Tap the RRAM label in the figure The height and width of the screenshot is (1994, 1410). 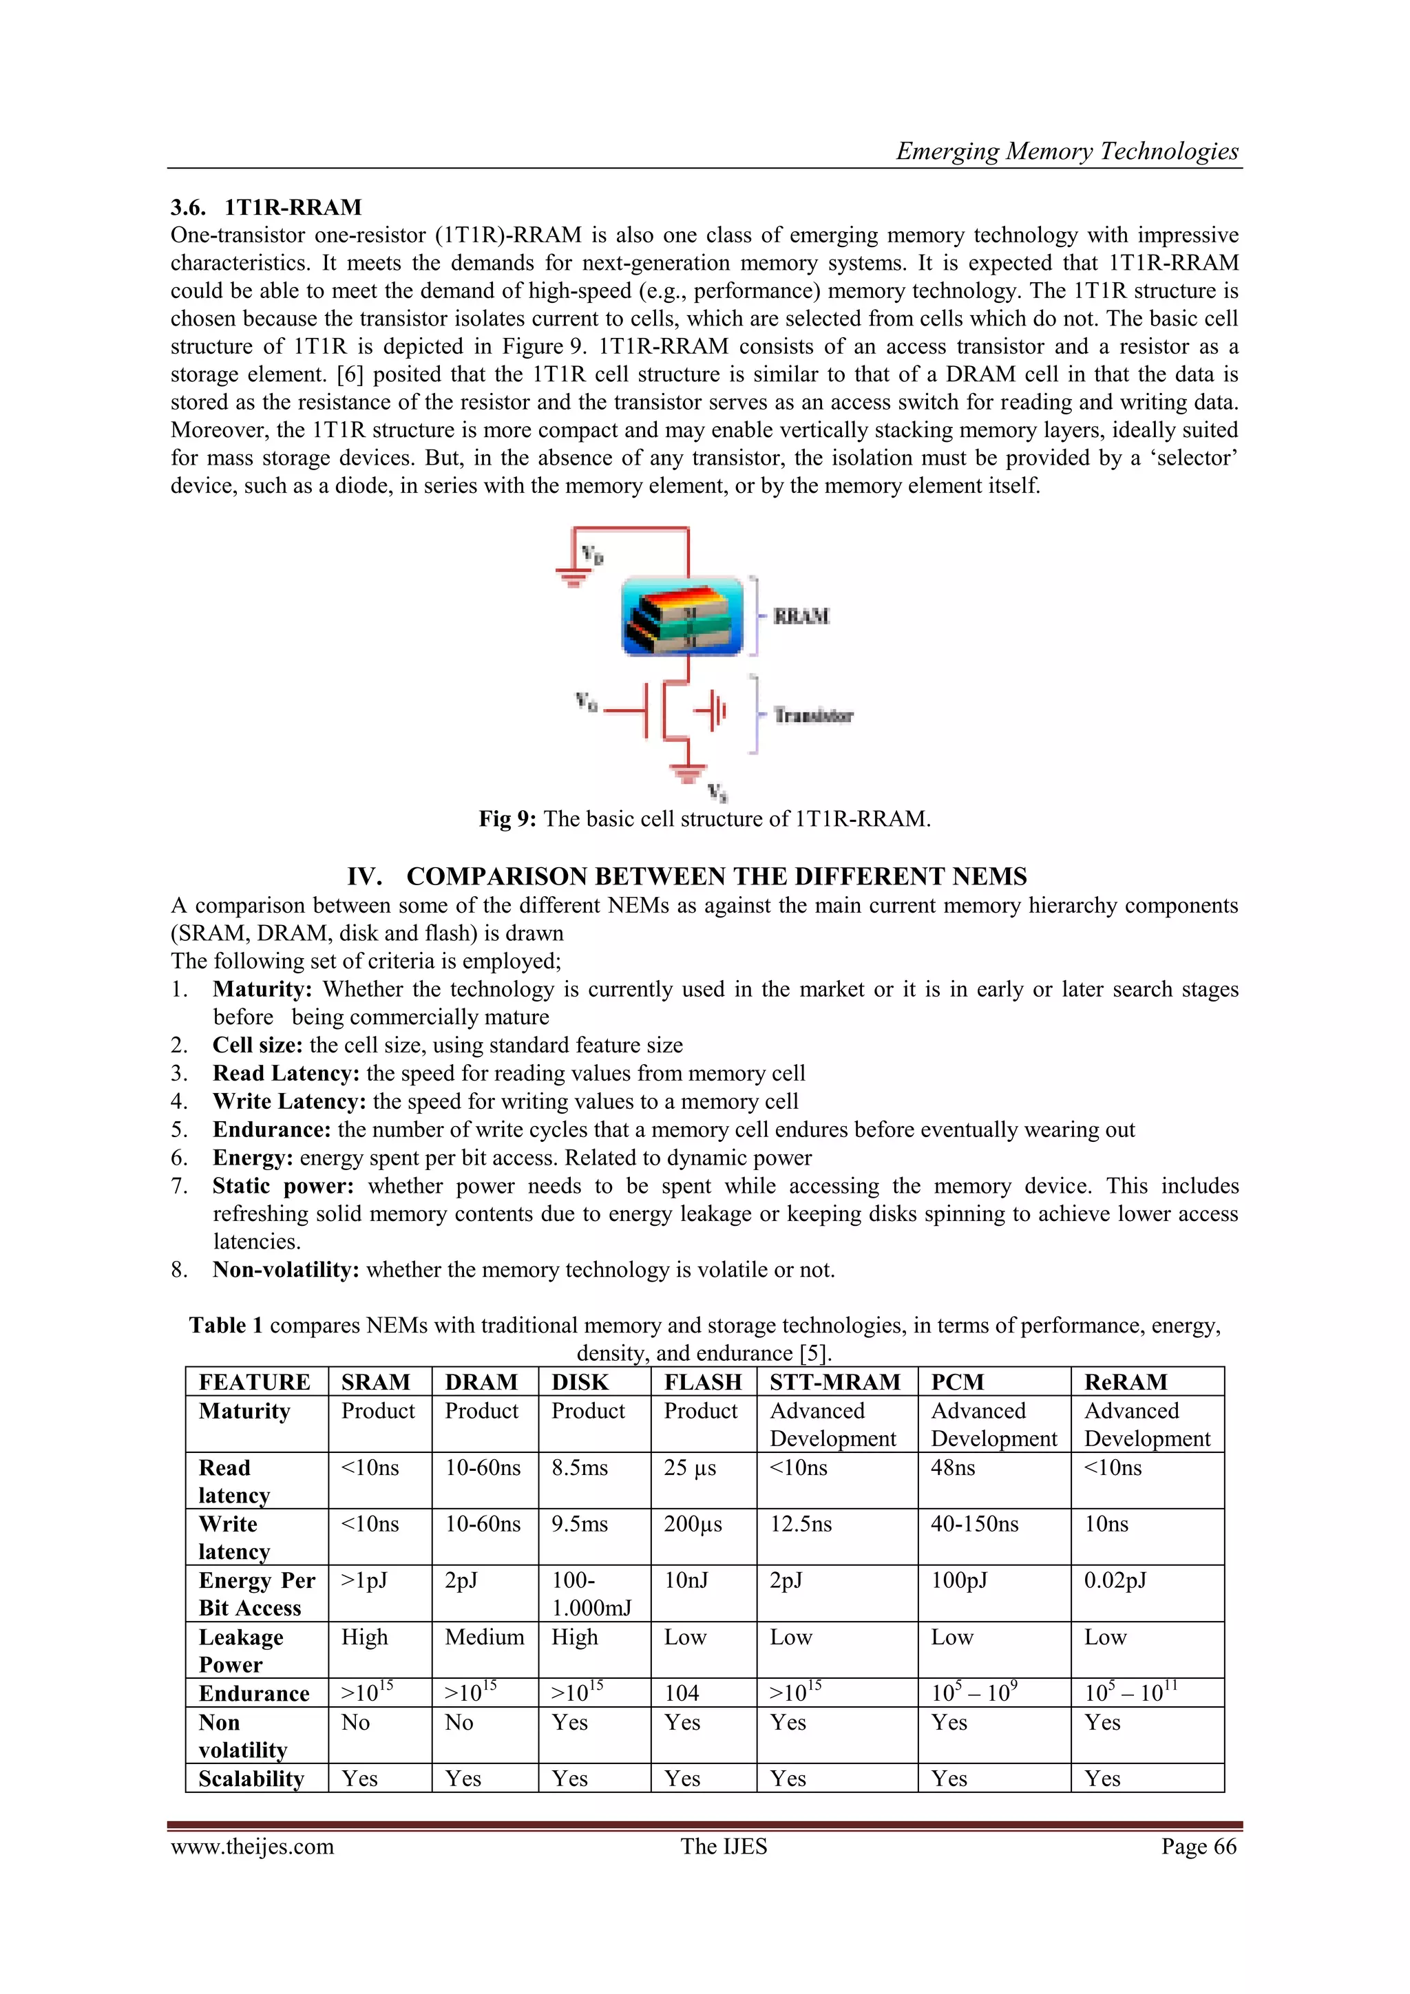click(800, 617)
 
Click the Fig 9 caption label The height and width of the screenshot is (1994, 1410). click(507, 819)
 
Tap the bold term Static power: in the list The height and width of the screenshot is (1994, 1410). click(282, 1187)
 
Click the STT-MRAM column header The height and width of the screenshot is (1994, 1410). click(835, 1381)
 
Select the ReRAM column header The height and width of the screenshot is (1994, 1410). click(1125, 1381)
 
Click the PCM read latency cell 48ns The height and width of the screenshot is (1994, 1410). click(953, 1467)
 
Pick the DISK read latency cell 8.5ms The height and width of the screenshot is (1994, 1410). click(580, 1467)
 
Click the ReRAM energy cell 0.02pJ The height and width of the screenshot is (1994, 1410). click(1115, 1580)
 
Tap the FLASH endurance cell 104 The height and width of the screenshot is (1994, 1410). click(682, 1693)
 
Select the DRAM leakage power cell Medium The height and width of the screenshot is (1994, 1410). click(484, 1637)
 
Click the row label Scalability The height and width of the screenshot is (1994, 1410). click(251, 1779)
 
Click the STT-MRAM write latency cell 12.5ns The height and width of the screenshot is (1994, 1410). click(800, 1524)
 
